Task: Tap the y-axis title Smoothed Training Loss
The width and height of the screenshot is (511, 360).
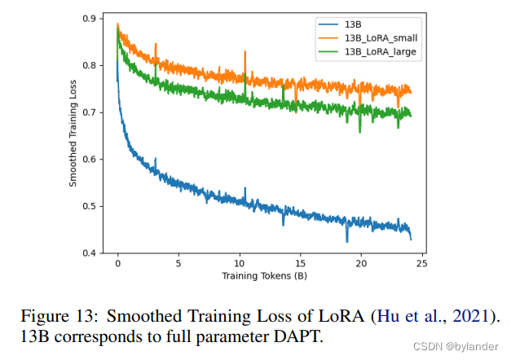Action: pyautogui.click(x=73, y=135)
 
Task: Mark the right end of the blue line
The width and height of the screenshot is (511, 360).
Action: pyautogui.click(x=412, y=239)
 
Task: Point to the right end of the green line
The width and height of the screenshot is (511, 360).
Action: pyautogui.click(x=412, y=115)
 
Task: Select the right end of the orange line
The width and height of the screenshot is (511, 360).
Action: pyautogui.click(x=412, y=92)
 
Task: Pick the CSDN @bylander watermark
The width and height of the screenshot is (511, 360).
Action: pyautogui.click(x=460, y=345)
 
